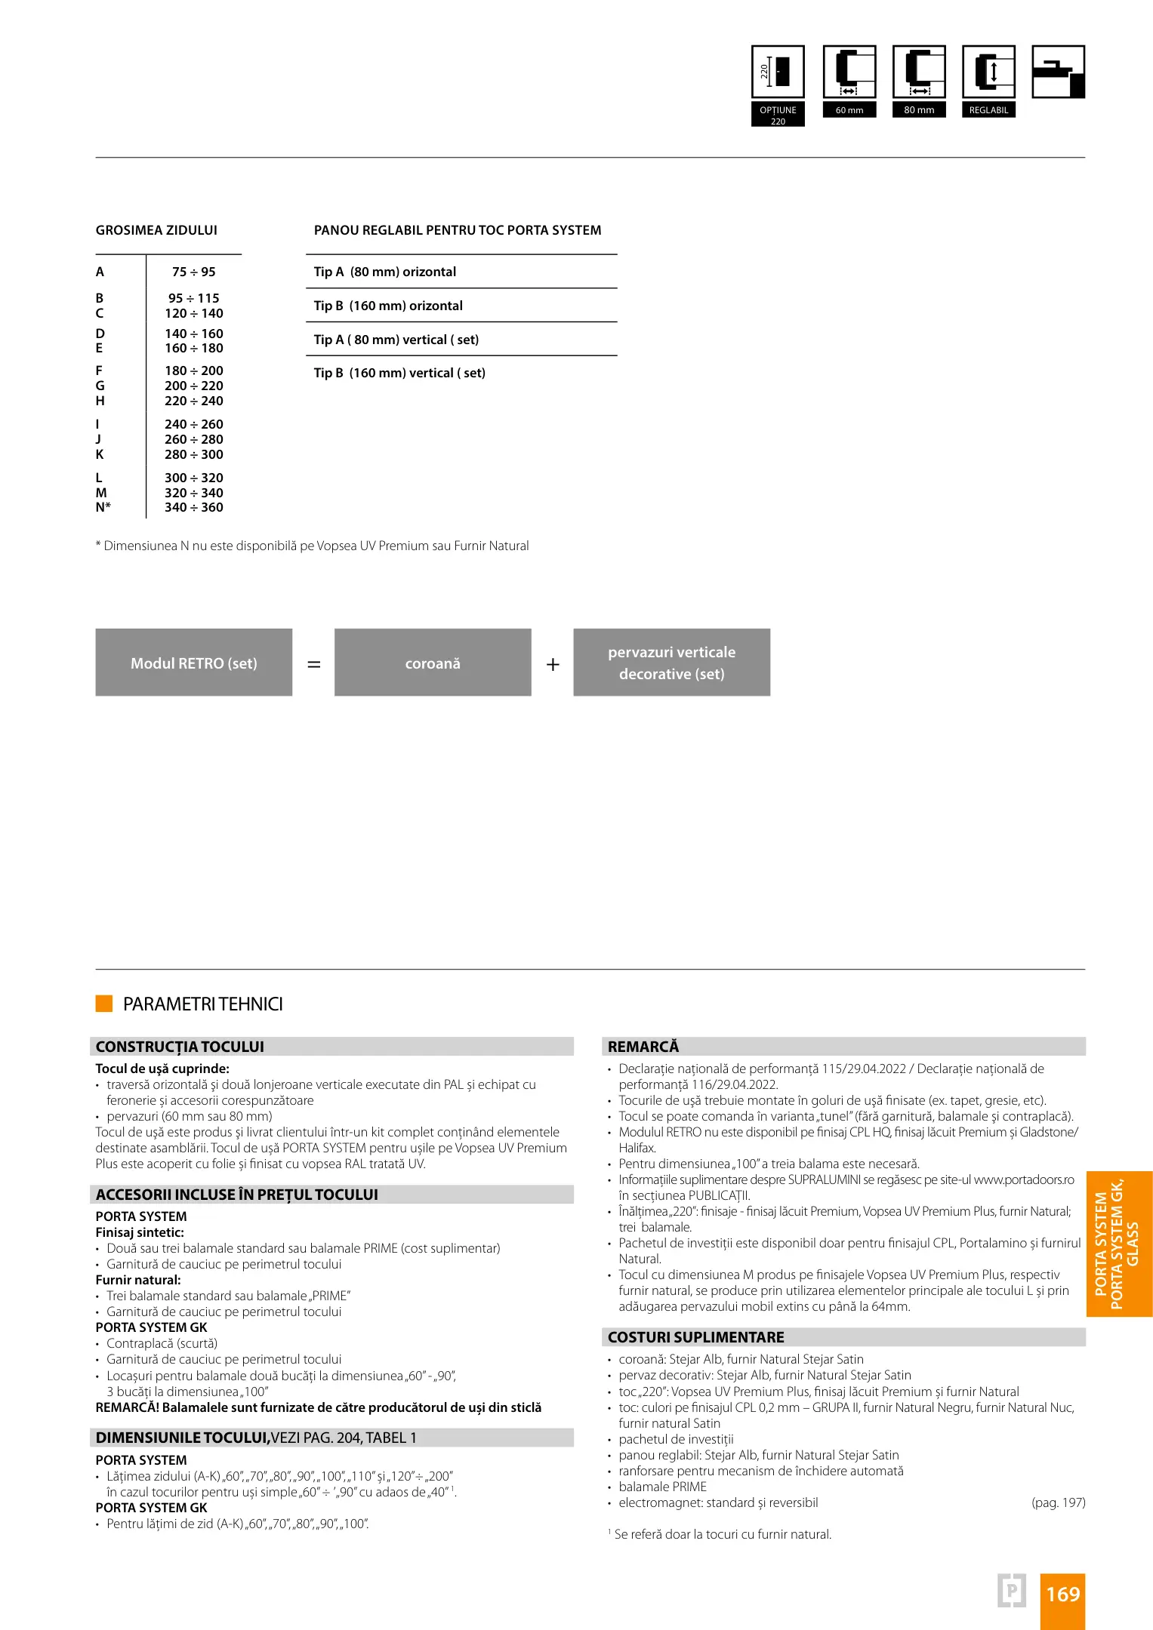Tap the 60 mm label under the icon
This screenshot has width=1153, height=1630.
tap(849, 110)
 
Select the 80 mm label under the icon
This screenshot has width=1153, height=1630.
tap(919, 110)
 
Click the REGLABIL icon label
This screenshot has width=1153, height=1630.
tap(988, 110)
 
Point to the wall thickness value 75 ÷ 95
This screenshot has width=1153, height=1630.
tap(194, 272)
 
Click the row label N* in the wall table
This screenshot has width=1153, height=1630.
tap(103, 507)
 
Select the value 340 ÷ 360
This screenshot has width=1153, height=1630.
tap(194, 507)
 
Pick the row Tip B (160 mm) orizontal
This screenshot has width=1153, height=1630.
tap(388, 306)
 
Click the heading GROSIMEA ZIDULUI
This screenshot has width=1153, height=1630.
tap(156, 230)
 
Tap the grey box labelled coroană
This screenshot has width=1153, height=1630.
tap(433, 663)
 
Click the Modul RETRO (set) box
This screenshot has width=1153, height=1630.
tap(193, 663)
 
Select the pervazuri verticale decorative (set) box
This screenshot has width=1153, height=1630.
tap(671, 663)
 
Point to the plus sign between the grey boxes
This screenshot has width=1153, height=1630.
tap(553, 664)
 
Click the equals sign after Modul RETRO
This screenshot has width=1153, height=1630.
tap(314, 665)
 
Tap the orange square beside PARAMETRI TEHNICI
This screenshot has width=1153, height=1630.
tap(104, 1004)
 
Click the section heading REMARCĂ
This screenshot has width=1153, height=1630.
tap(643, 1047)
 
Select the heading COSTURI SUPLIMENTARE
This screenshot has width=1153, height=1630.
tap(695, 1337)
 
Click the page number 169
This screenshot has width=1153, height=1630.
tap(1062, 1595)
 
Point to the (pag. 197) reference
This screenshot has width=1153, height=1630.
tap(1058, 1502)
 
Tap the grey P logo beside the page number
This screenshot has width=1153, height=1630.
tap(1011, 1591)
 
